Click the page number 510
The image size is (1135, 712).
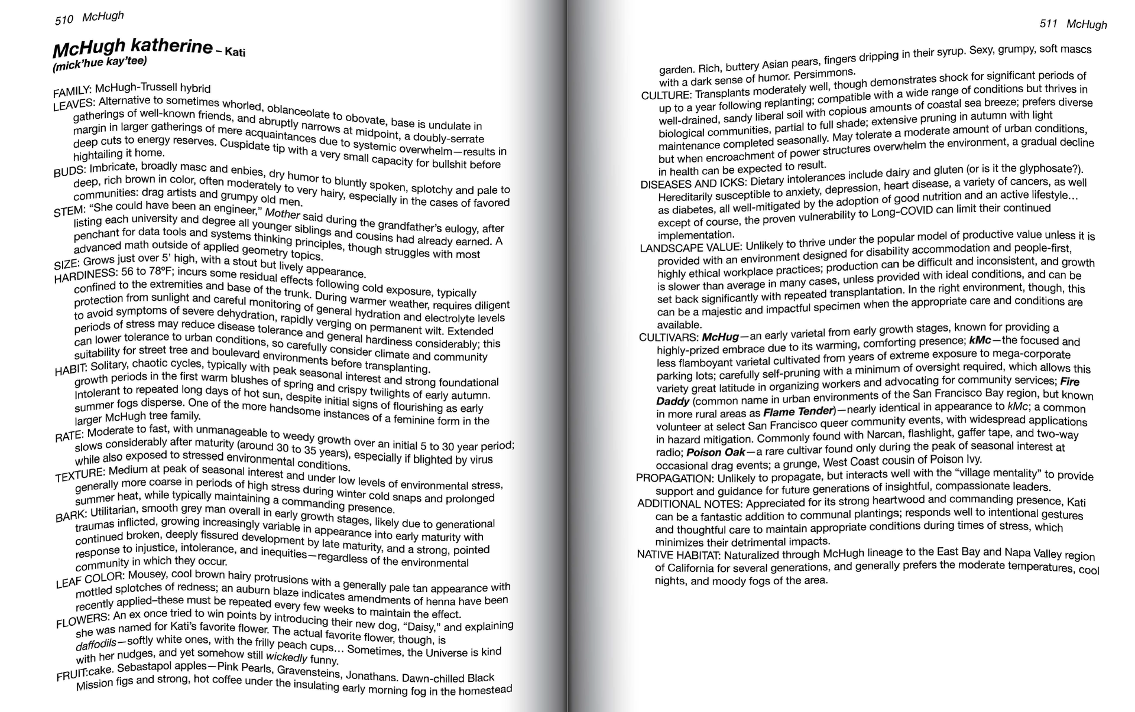tap(64, 20)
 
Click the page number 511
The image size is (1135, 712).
tap(1048, 23)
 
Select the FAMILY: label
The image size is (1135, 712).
tap(72, 92)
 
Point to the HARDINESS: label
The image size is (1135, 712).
tap(86, 275)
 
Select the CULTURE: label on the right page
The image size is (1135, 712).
tap(666, 95)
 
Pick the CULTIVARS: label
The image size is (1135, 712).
tap(669, 337)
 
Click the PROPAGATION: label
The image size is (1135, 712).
tap(674, 477)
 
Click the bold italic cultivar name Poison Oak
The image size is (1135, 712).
tap(712, 453)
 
